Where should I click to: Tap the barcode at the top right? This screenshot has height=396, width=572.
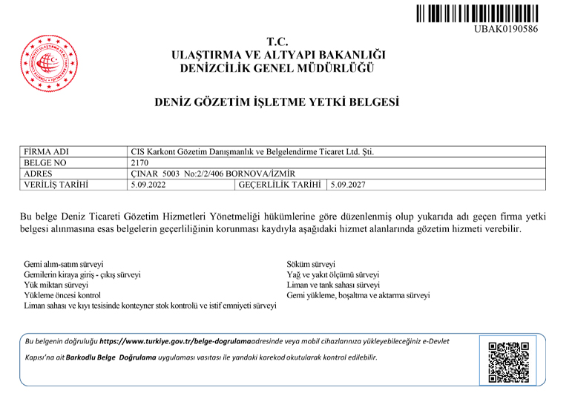[x=476, y=13]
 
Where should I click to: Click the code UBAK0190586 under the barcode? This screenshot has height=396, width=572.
[x=505, y=29]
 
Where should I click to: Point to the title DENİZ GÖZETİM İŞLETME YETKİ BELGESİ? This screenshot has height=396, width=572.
[x=276, y=102]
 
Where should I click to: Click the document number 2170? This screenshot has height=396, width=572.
[x=140, y=162]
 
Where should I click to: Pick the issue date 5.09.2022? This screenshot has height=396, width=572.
[x=147, y=185]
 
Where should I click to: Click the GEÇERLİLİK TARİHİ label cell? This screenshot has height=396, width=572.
[x=280, y=185]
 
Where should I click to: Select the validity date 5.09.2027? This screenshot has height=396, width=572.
[x=349, y=185]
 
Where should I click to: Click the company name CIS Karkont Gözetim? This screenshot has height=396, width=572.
[x=252, y=152]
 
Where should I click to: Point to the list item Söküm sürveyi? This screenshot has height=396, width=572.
[x=311, y=264]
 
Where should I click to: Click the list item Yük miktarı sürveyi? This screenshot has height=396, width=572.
[x=56, y=285]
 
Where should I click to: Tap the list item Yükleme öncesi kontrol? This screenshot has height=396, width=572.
[x=62, y=295]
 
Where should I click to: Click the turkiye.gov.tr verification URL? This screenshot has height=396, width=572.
[x=175, y=342]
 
